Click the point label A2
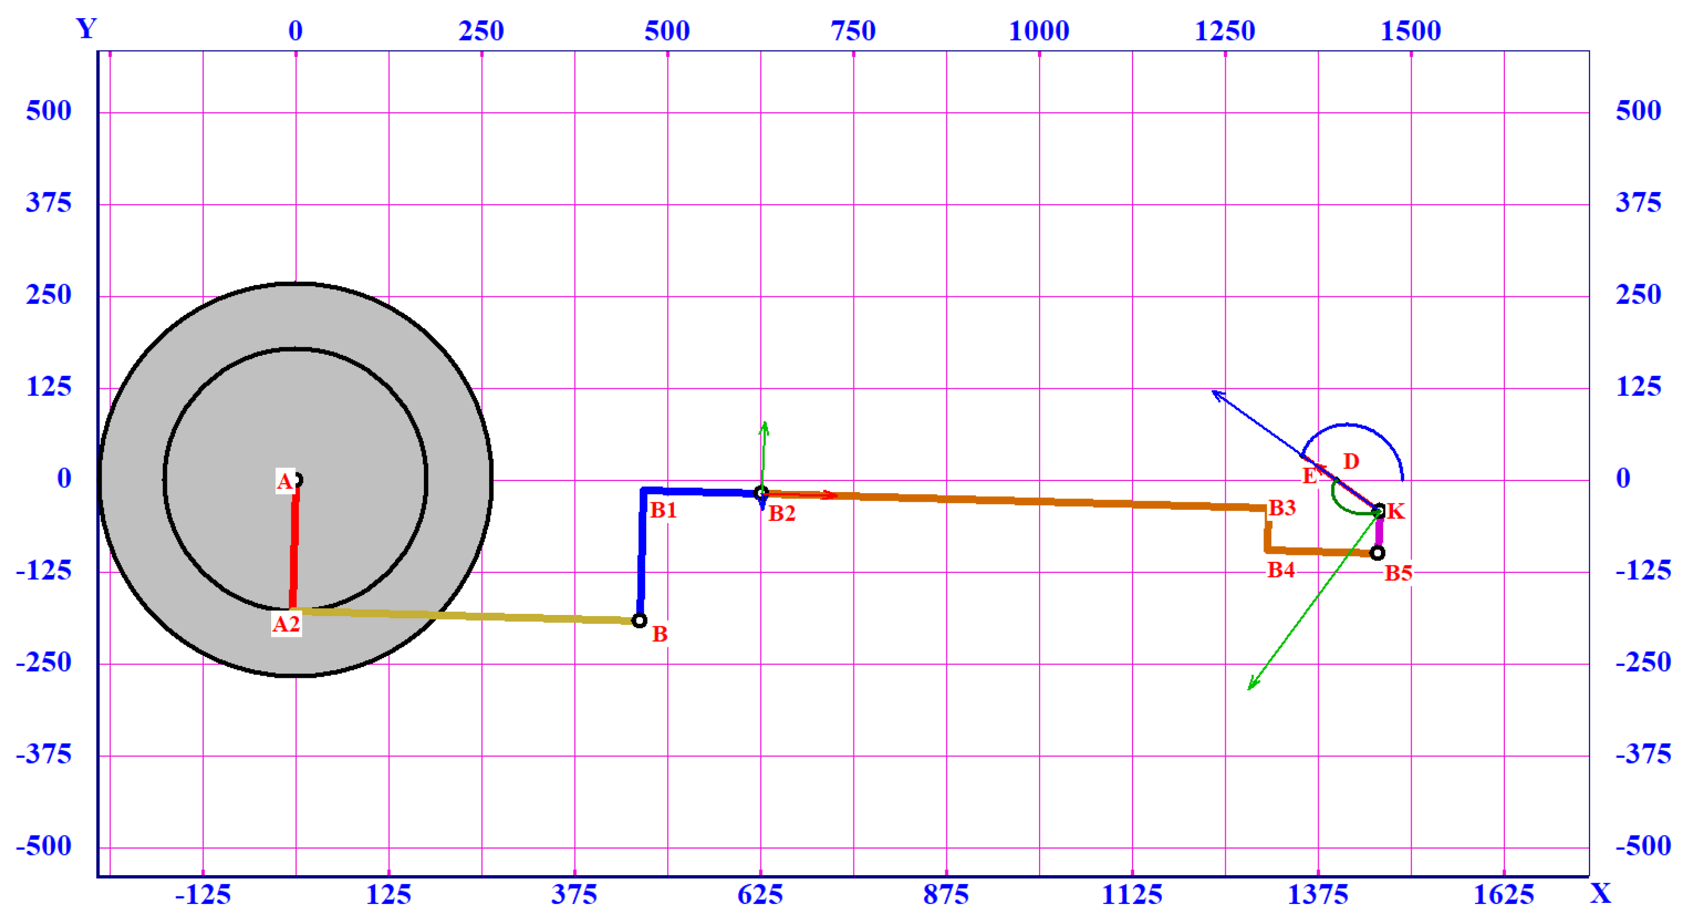[x=287, y=623]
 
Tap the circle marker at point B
[x=639, y=620]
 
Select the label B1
[x=664, y=510]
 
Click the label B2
[x=782, y=513]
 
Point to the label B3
[x=1281, y=507]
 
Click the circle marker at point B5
[x=1377, y=553]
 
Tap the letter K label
[x=1396, y=511]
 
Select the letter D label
[x=1351, y=461]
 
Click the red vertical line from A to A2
[x=294, y=545]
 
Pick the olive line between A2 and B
[x=466, y=616]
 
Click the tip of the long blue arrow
[x=1212, y=392]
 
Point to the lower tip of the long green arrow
[x=1249, y=689]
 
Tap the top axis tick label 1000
[x=1038, y=31]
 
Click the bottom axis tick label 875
[x=946, y=894]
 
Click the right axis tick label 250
[x=1638, y=294]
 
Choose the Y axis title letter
[x=87, y=28]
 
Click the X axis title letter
[x=1601, y=893]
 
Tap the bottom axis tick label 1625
[x=1503, y=894]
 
